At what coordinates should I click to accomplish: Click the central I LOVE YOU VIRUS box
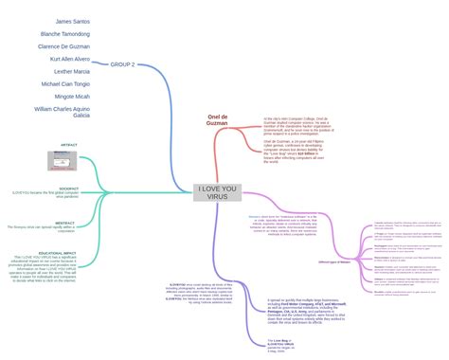[x=218, y=192]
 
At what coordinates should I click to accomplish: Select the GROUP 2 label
[x=122, y=64]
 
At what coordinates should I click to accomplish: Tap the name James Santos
[x=73, y=21]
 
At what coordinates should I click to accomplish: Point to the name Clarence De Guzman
[x=64, y=45]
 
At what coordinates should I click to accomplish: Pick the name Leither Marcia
[x=72, y=71]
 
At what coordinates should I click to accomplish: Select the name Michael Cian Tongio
[x=65, y=83]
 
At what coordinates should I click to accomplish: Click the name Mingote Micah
[x=72, y=96]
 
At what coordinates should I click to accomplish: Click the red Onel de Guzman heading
[x=218, y=121]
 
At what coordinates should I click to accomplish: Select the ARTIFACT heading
[x=68, y=145]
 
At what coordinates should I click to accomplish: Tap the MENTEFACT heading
[x=65, y=224]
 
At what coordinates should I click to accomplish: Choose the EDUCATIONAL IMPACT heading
[x=57, y=253]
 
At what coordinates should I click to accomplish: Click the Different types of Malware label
[x=332, y=261]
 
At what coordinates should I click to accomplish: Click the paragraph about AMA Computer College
[x=296, y=126]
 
